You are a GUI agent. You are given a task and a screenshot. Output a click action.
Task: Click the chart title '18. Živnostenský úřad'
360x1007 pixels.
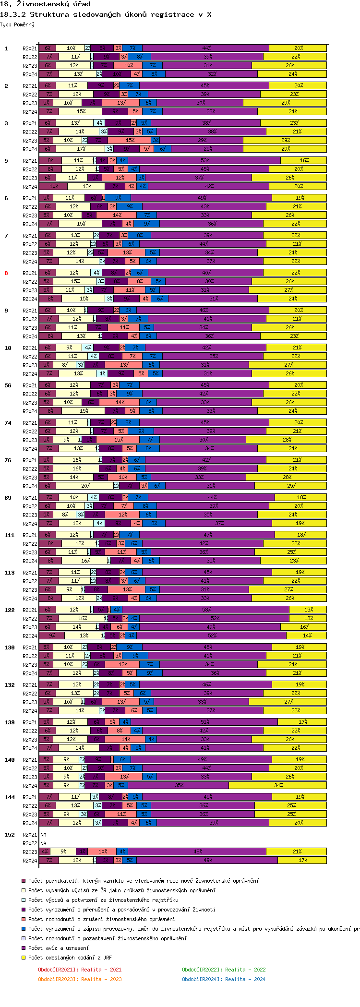[x=46, y=4]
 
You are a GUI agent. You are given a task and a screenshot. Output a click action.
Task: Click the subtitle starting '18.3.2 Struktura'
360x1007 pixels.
[x=106, y=14]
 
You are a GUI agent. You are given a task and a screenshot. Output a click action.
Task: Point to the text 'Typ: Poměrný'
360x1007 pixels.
[x=17, y=24]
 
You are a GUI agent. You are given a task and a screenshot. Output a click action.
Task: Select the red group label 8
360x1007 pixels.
[x=6, y=273]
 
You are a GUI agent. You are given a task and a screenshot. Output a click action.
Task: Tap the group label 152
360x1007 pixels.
[x=10, y=835]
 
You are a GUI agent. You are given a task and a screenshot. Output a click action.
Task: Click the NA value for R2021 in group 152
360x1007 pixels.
[x=43, y=835]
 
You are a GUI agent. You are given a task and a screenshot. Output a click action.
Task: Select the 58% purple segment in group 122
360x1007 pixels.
[x=206, y=610]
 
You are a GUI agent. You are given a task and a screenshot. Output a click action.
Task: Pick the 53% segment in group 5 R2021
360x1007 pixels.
[x=205, y=161]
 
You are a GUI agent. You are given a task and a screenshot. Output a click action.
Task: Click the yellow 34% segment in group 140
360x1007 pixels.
[x=278, y=786]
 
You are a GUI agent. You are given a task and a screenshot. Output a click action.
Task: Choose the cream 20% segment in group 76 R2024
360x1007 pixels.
[x=85, y=486]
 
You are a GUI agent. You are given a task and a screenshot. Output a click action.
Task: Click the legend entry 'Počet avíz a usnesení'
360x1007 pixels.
[x=58, y=948]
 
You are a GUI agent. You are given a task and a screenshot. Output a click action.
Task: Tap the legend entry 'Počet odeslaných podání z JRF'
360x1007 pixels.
[x=70, y=958]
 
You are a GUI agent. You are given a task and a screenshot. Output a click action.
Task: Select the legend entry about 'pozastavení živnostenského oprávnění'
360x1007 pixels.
[x=107, y=938]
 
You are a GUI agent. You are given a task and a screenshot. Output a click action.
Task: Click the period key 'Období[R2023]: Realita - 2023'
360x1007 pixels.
[x=80, y=979]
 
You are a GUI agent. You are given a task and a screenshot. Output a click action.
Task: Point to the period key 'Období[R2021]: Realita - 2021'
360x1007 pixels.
[x=80, y=970]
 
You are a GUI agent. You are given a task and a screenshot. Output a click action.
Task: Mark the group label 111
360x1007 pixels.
[x=10, y=535]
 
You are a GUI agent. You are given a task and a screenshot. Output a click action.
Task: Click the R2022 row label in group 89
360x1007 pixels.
[x=30, y=506]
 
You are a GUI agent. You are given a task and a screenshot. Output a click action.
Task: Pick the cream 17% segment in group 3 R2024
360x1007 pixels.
[x=81, y=149]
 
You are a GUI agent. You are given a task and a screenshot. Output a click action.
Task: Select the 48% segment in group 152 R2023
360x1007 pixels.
[x=197, y=852]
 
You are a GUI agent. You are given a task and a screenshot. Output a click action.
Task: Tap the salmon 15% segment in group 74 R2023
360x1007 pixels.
[x=119, y=440]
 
